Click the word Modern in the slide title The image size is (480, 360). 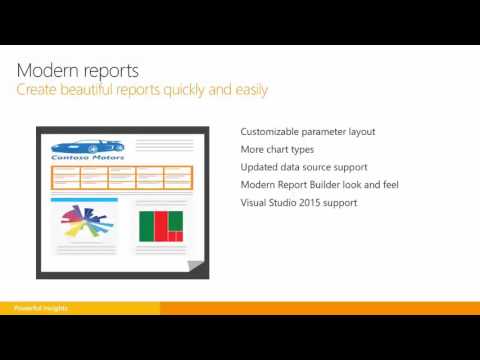coord(49,71)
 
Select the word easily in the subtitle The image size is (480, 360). coord(245,91)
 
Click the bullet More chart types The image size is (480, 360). coord(276,149)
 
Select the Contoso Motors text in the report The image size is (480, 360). coord(83,156)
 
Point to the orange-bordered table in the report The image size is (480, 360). coord(122,176)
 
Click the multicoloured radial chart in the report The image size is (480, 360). coord(84,223)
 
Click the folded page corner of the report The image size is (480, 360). coord(197,266)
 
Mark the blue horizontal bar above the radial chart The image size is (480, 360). coord(84,200)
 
